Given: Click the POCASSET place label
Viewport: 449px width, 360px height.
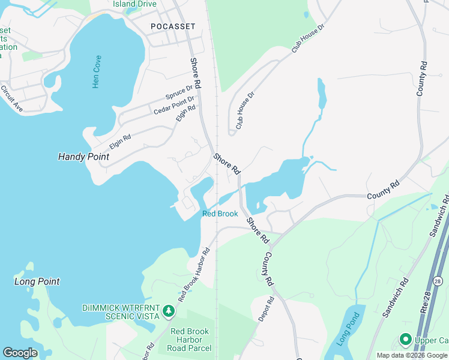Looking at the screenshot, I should click(x=172, y=26).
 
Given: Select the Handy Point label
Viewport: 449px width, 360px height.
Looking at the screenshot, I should click(x=83, y=157).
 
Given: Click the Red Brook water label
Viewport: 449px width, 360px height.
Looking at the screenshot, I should click(x=220, y=214).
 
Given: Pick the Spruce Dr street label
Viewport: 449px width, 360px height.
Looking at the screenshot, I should click(x=179, y=93).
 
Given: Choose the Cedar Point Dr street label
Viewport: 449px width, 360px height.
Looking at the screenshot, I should click(x=175, y=106).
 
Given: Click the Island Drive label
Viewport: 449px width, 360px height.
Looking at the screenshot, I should click(x=134, y=4).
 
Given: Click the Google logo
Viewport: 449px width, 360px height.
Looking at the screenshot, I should click(x=20, y=353).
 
